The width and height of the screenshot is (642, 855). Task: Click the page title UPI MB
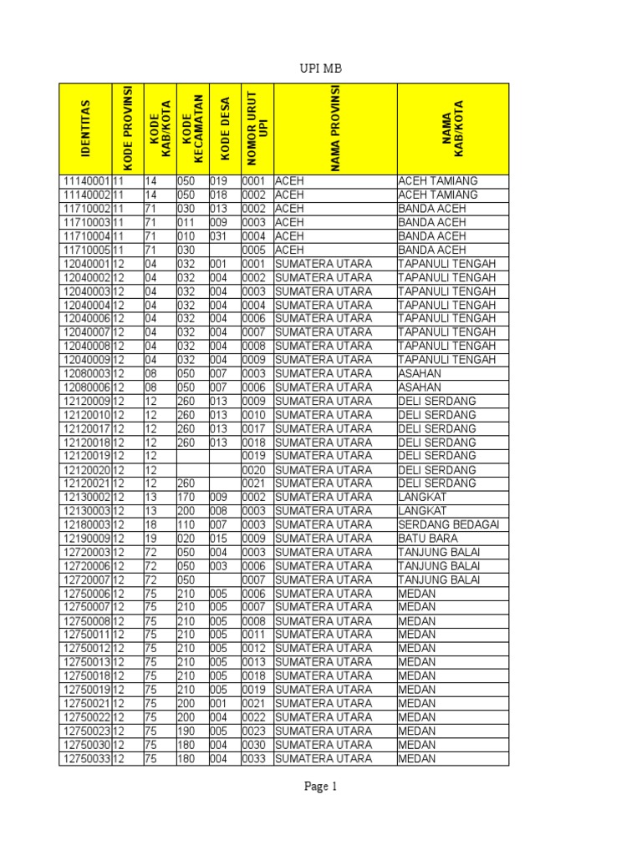pyautogui.click(x=321, y=68)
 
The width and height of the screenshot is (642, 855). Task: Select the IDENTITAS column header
pyautogui.click(x=86, y=129)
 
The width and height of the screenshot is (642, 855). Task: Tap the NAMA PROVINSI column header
pyautogui.click(x=335, y=129)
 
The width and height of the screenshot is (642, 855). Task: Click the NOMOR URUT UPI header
pyautogui.click(x=257, y=129)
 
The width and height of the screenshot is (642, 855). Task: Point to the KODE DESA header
pyautogui.click(x=224, y=129)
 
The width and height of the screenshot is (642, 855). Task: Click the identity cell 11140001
pyautogui.click(x=85, y=181)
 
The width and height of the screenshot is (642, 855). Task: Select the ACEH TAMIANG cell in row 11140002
pyautogui.click(x=438, y=195)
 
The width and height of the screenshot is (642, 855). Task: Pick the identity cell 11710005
pyautogui.click(x=85, y=250)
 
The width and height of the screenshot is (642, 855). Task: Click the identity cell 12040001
pyautogui.click(x=85, y=264)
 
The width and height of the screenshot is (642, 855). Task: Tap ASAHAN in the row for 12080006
pyautogui.click(x=420, y=387)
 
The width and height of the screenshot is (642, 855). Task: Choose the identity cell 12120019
pyautogui.click(x=85, y=456)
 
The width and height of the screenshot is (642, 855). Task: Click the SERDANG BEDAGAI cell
pyautogui.click(x=448, y=524)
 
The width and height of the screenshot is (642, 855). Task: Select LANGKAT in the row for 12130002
pyautogui.click(x=422, y=497)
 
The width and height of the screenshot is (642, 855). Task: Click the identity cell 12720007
pyautogui.click(x=85, y=579)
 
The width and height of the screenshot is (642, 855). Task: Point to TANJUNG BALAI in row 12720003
pyautogui.click(x=439, y=552)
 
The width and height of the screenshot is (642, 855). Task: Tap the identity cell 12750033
pyautogui.click(x=85, y=758)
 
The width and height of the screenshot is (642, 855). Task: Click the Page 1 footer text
pyautogui.click(x=320, y=786)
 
